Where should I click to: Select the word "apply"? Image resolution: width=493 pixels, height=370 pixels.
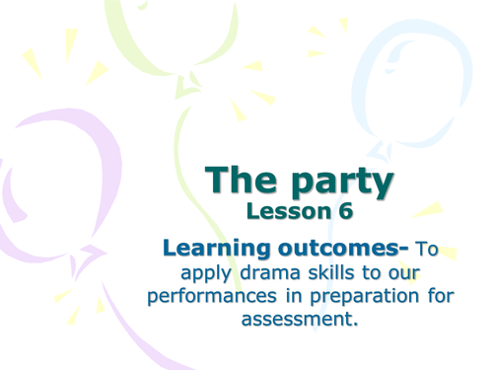(197, 273)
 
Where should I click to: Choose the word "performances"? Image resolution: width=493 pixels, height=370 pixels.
(207, 297)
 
